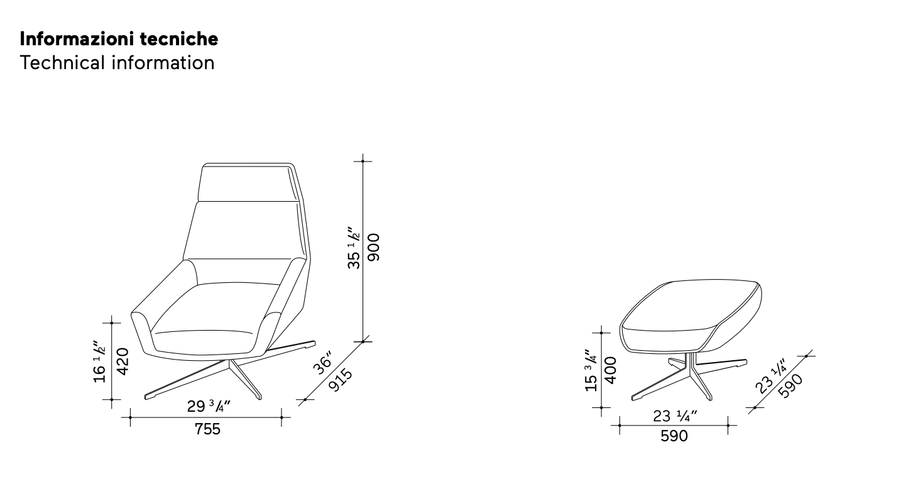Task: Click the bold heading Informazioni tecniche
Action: tap(119, 39)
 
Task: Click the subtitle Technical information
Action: tap(117, 63)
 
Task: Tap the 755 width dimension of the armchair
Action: tap(207, 429)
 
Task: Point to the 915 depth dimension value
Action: tap(341, 380)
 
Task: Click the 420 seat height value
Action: tap(123, 361)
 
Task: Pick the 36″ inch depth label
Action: tap(323, 363)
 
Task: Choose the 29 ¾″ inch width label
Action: tap(209, 406)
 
